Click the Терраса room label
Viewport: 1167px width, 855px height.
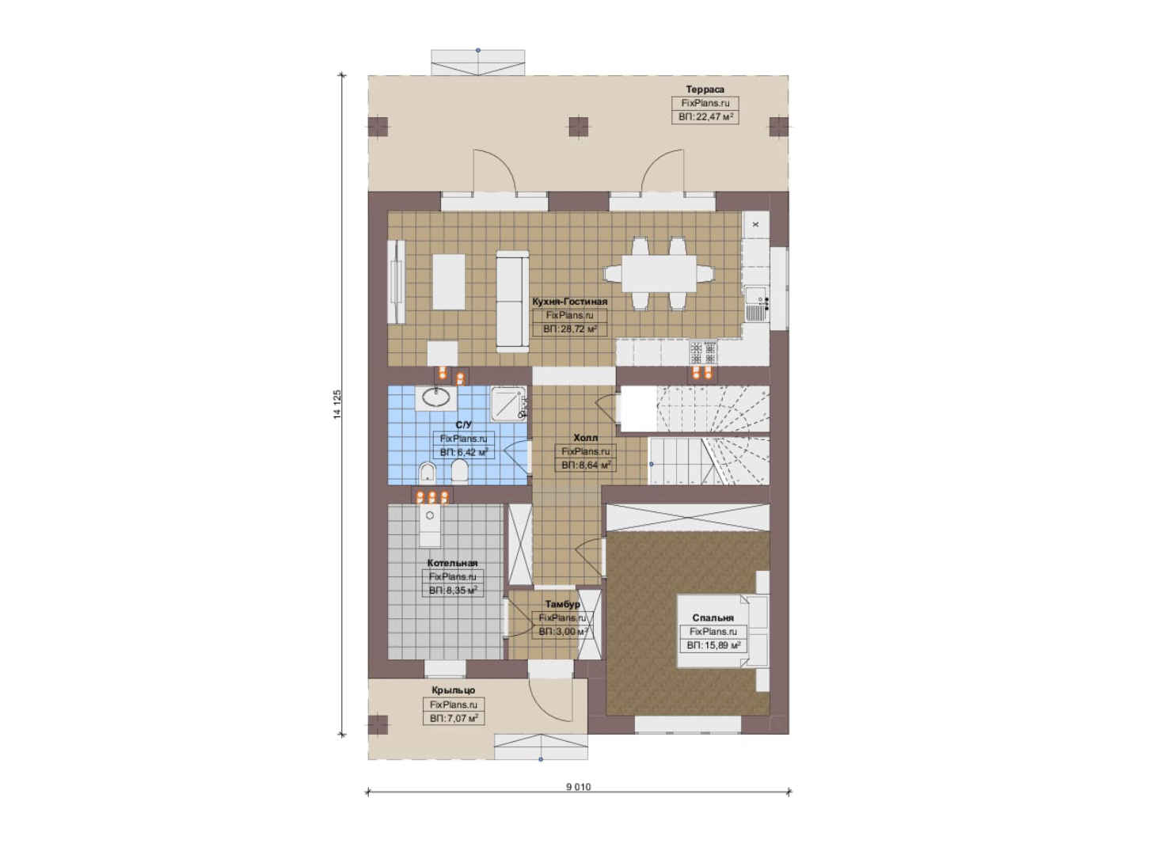tap(705, 89)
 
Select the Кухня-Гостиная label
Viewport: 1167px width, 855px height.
tap(569, 302)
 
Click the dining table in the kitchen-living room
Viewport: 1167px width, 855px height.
tap(659, 274)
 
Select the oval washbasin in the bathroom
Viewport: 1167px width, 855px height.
tap(436, 398)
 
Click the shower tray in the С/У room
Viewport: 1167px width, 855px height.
tap(508, 403)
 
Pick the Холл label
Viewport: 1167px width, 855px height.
tap(586, 438)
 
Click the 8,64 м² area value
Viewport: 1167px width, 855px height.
tap(586, 465)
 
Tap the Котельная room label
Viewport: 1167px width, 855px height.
tap(452, 563)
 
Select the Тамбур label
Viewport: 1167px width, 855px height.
tap(563, 604)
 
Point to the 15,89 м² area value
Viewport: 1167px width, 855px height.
tap(713, 645)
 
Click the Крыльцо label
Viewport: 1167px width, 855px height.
tap(453, 690)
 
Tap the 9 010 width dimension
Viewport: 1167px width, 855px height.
tap(579, 787)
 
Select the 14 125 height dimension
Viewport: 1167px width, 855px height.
tap(337, 405)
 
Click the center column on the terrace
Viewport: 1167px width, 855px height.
tap(578, 127)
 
